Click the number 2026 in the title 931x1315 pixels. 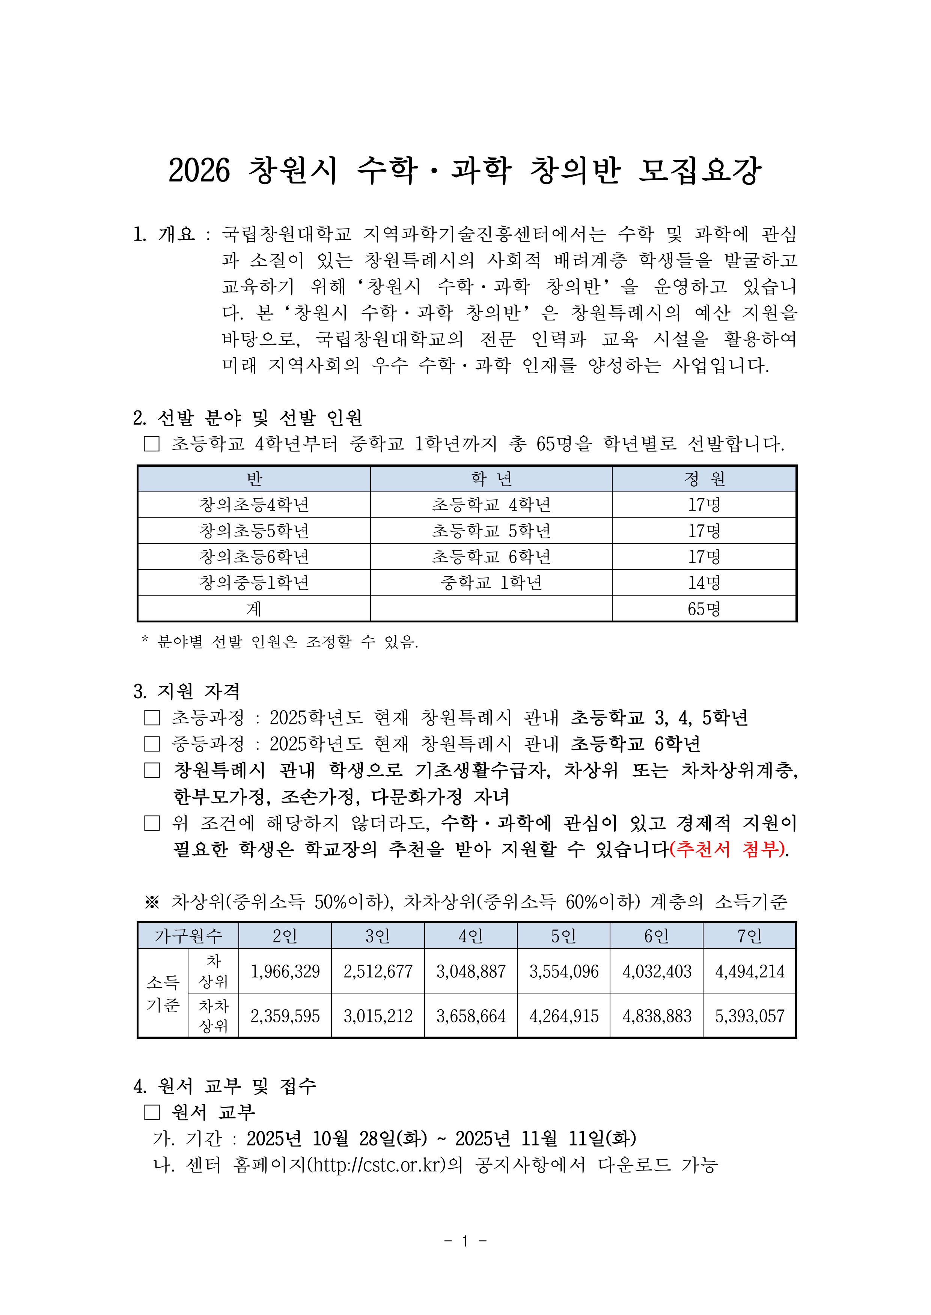[199, 171]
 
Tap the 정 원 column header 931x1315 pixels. [704, 478]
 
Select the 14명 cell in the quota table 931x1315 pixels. [704, 583]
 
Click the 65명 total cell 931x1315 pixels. [704, 609]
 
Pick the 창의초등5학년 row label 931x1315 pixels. [254, 531]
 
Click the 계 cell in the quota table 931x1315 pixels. [254, 609]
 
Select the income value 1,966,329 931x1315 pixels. [285, 971]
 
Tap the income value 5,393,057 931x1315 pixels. [749, 1016]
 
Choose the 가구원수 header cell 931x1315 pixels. [188, 936]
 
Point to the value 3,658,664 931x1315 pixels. [471, 1016]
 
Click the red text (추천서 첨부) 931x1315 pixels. [728, 849]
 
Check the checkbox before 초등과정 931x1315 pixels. [152, 718]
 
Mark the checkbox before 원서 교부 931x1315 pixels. [152, 1112]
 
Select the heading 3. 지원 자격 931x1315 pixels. [186, 691]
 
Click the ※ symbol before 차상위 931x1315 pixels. [152, 902]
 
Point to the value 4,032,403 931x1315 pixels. [657, 971]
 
